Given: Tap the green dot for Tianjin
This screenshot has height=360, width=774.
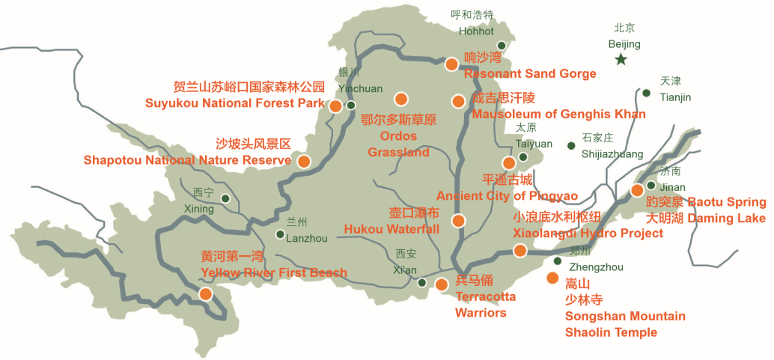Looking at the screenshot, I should [x=646, y=93].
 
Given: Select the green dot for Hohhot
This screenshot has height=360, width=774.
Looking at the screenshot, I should [x=502, y=46].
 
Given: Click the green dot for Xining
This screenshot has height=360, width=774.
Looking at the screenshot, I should [x=226, y=198].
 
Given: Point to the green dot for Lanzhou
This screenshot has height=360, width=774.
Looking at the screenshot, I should [x=280, y=234].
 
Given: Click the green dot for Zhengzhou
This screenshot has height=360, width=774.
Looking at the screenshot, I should [x=558, y=260].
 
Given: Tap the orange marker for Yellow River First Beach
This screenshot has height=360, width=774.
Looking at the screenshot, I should [x=205, y=294].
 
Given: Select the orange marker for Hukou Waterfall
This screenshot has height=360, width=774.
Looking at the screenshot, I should [x=458, y=221].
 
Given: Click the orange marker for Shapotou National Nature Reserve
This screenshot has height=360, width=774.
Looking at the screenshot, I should [x=304, y=160].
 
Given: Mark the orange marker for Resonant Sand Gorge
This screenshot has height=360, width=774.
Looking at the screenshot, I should [x=451, y=64].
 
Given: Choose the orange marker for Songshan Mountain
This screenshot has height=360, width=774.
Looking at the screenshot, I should [x=552, y=278].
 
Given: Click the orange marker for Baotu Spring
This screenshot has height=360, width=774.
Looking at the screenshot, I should [x=637, y=190].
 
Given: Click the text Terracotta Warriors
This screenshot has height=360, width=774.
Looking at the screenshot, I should [x=485, y=305].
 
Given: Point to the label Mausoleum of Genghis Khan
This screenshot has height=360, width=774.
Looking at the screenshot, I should [x=558, y=114].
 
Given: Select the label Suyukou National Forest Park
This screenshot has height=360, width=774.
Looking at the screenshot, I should [x=235, y=103].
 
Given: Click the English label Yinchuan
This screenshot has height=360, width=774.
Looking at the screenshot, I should [x=360, y=88].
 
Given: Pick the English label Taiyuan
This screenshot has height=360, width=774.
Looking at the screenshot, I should [x=534, y=144].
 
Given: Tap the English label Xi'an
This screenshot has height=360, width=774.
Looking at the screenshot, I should [x=405, y=270].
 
